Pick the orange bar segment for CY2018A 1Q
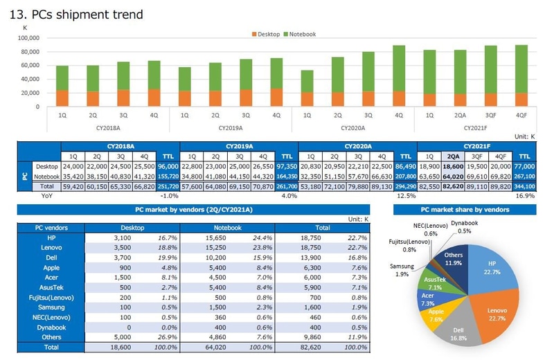(62, 98)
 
